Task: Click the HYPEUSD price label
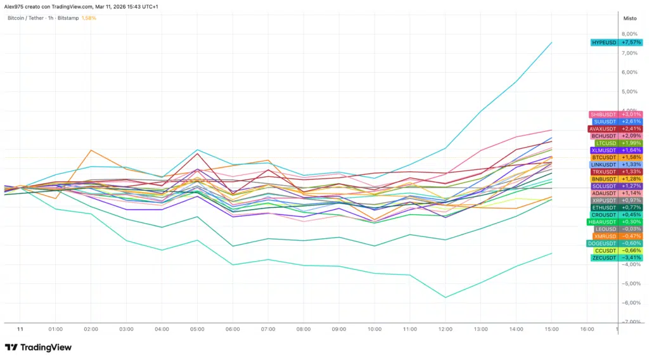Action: click(603, 42)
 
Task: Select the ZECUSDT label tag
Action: click(603, 258)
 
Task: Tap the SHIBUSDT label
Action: click(603, 114)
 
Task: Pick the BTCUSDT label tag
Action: click(603, 157)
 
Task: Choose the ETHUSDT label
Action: click(603, 207)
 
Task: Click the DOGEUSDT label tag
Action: click(601, 243)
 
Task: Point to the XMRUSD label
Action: click(605, 236)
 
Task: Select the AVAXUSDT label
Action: click(602, 129)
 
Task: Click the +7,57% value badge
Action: click(631, 42)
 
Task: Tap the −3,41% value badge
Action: click(631, 258)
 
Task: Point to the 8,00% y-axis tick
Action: click(630, 34)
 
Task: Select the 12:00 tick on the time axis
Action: click(445, 330)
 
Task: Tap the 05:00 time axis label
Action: click(197, 330)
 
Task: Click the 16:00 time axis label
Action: click(587, 330)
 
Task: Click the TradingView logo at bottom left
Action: click(38, 347)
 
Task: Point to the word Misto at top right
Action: click(630, 19)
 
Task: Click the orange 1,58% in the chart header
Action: click(88, 18)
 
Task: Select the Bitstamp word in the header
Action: click(68, 18)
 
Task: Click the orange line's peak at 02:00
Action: click(91, 150)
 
